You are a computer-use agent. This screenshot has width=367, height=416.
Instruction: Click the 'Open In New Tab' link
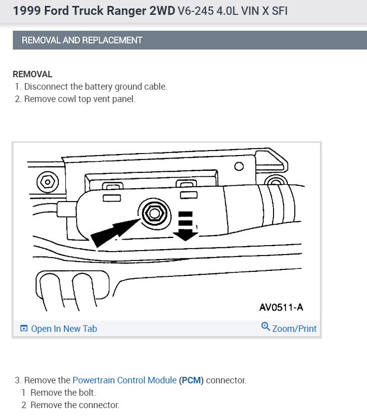pyautogui.click(x=64, y=328)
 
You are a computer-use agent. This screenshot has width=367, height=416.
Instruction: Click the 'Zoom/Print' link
pyautogui.click(x=294, y=328)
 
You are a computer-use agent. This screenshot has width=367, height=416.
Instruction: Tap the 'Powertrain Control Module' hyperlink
pyautogui.click(x=124, y=380)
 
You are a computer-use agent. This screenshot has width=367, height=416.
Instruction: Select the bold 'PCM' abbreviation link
pyautogui.click(x=191, y=380)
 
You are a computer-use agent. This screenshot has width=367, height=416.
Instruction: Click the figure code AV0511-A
pyautogui.click(x=281, y=307)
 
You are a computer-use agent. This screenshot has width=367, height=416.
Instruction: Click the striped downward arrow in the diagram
pyautogui.click(x=185, y=225)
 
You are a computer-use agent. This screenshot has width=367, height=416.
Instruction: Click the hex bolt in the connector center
pyautogui.click(x=153, y=213)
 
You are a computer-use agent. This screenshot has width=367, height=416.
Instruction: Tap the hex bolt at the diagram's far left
pyautogui.click(x=47, y=182)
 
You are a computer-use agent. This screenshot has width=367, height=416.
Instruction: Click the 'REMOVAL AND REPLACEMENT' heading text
pyautogui.click(x=82, y=40)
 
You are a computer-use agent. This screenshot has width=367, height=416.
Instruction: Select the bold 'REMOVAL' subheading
pyautogui.click(x=32, y=74)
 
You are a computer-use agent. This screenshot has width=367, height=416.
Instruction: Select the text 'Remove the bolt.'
pyautogui.click(x=63, y=393)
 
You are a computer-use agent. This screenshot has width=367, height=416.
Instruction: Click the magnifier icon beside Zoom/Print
pyautogui.click(x=266, y=327)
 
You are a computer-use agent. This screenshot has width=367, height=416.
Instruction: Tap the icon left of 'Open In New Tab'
pyautogui.click(x=24, y=329)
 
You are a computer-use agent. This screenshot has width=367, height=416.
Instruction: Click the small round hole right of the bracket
pyautogui.click(x=239, y=166)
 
